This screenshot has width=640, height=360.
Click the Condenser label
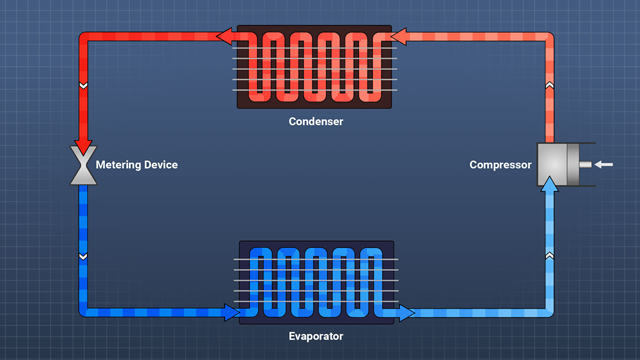click(315, 121)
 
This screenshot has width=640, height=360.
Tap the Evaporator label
click(315, 336)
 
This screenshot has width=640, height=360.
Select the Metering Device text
click(136, 164)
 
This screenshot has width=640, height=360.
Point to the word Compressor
click(500, 165)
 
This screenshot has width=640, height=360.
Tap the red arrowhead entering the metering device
click(82, 143)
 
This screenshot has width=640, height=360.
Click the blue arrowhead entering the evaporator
click(231, 313)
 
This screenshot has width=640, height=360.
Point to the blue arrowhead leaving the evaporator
click(405, 313)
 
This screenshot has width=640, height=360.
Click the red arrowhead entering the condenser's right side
click(397, 38)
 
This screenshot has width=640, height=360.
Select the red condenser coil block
click(314, 67)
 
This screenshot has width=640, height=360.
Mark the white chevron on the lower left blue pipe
click(82, 256)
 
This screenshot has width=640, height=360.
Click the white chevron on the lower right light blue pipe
click(549, 256)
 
